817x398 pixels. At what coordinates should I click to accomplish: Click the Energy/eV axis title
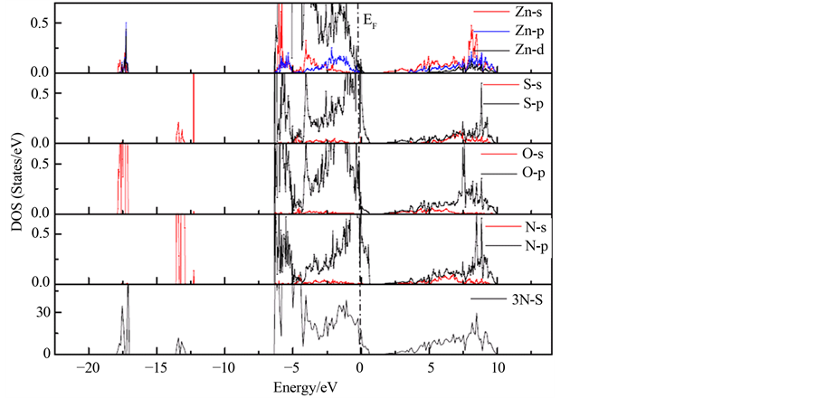[x=305, y=386]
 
